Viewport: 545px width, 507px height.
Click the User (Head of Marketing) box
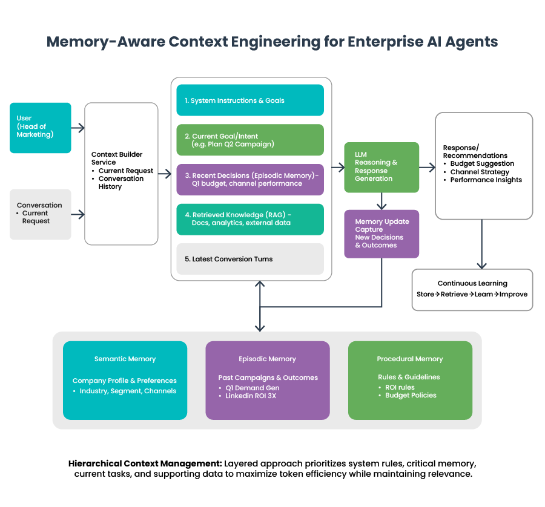pos(40,128)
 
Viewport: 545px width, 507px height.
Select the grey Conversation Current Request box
pos(40,214)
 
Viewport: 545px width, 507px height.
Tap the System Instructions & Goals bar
pos(249,100)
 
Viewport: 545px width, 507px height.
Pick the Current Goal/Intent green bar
pos(249,140)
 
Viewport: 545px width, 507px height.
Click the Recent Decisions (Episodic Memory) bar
pos(249,180)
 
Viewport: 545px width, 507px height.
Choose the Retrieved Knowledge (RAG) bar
pos(249,219)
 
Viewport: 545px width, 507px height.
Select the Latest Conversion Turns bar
pos(249,259)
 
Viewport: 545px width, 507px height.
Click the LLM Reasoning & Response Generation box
pos(381,167)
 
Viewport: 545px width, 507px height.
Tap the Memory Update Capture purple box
pos(381,234)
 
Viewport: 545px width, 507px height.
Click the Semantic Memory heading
pos(125,359)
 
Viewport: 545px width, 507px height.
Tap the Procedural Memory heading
pos(410,359)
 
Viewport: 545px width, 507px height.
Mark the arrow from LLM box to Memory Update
pos(381,201)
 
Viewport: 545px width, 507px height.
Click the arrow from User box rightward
pos(78,128)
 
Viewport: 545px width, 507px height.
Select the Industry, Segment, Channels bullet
pos(128,391)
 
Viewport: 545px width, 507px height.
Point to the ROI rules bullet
pos(400,387)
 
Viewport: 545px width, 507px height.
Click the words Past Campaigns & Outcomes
pos(268,378)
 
